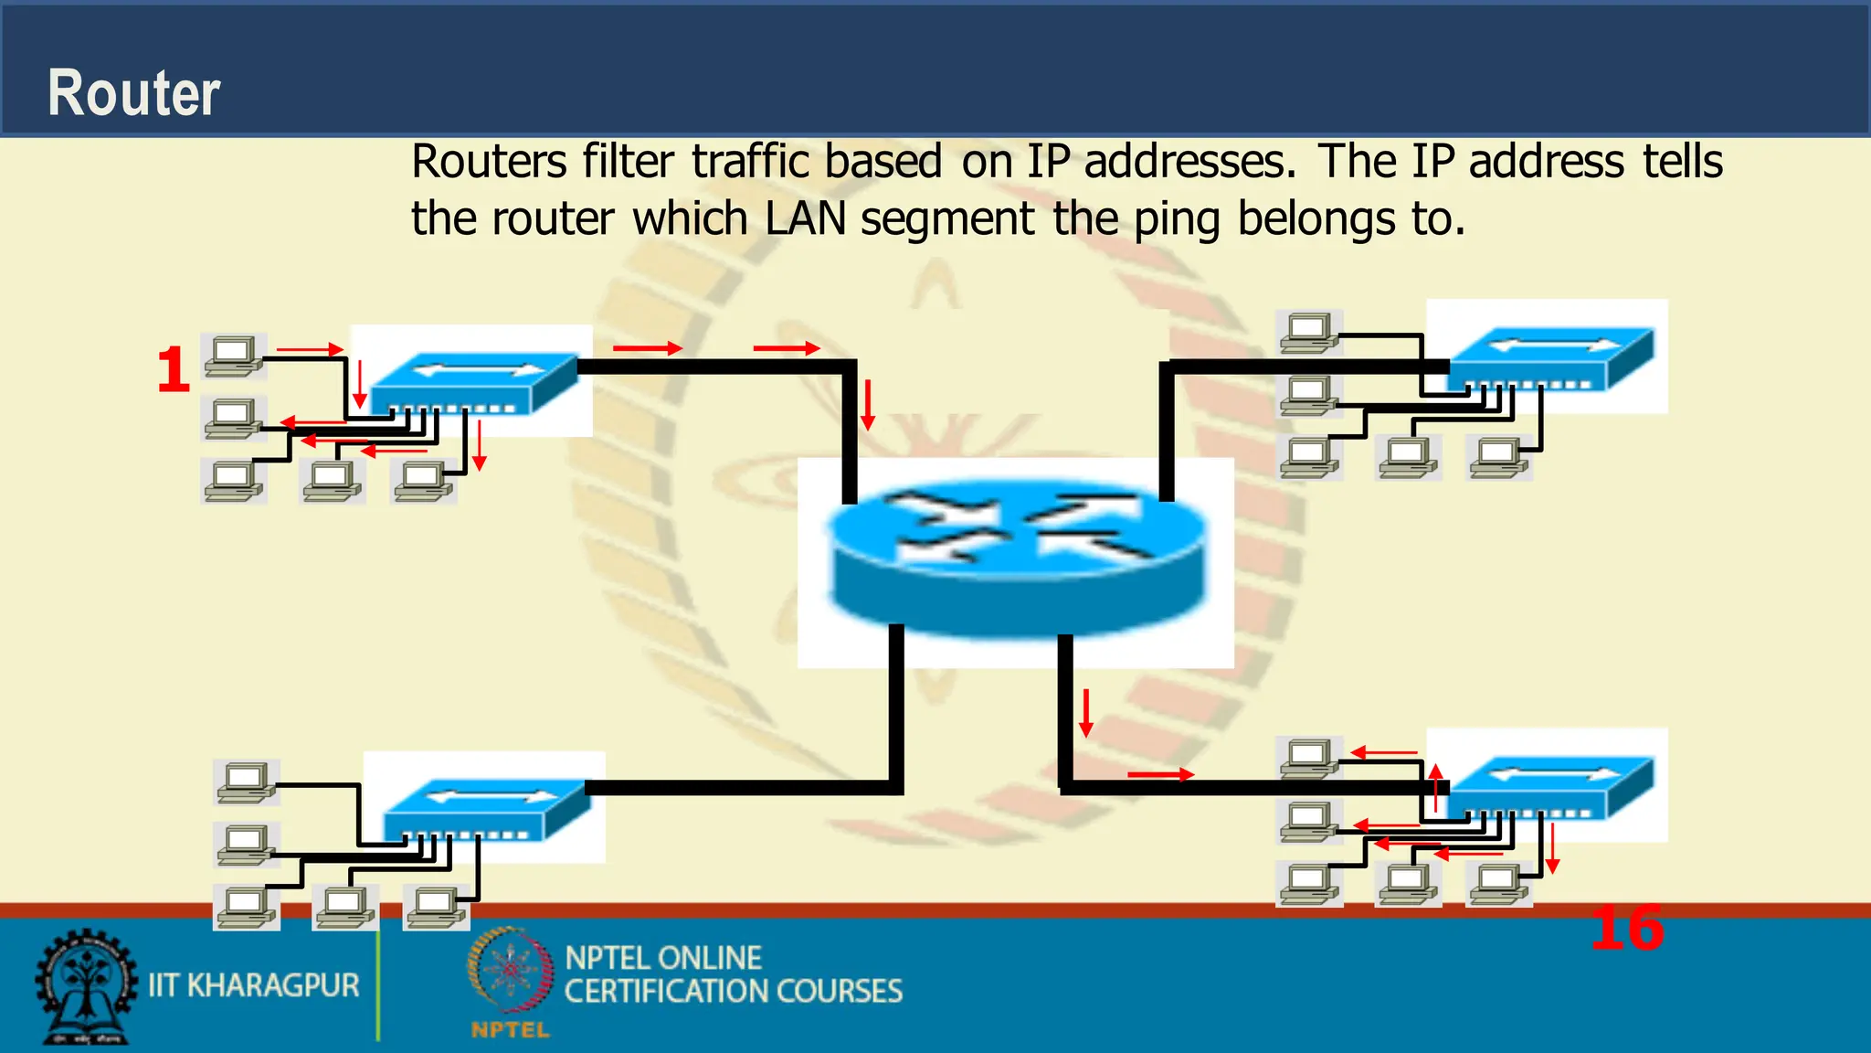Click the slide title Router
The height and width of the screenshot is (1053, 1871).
133,93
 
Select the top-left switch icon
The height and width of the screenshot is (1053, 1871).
475,382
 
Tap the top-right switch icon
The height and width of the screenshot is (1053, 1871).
1551,358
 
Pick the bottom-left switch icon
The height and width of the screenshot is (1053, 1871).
486,808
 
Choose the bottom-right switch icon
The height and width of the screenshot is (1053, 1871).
1551,786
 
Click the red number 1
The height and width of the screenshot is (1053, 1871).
173,370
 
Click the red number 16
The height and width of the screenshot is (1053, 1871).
1626,929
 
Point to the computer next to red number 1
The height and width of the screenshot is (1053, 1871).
234,356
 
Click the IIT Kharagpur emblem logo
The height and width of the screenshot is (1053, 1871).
84,987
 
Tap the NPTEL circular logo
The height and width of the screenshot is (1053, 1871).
510,971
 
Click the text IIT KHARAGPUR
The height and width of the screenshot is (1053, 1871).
254,985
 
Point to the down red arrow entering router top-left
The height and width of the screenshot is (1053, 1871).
868,404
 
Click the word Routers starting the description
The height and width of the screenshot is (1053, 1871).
489,163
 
